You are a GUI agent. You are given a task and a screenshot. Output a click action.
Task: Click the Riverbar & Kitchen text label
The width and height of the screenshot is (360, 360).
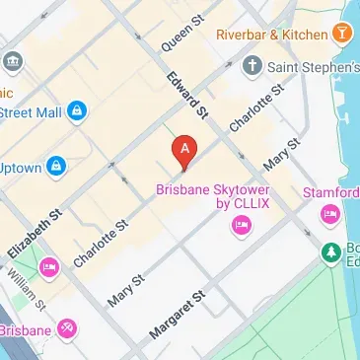pyautogui.click(x=270, y=35)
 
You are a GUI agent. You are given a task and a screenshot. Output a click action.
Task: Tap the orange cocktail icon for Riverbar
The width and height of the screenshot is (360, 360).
pyautogui.click(x=342, y=35)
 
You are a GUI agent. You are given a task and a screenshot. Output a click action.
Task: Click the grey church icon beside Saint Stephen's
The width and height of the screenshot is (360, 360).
pyautogui.click(x=252, y=67)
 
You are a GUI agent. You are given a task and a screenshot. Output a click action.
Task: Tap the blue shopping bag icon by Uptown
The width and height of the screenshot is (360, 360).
pyautogui.click(x=57, y=166)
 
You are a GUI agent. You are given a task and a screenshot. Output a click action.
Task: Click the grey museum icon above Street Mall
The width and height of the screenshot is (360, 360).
pyautogui.click(x=14, y=62)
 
